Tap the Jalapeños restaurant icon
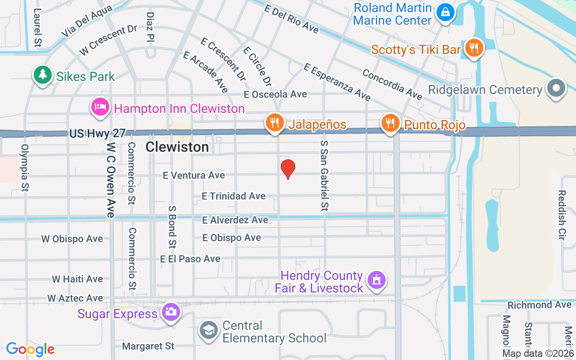tap(274, 122)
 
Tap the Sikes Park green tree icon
tap(42, 74)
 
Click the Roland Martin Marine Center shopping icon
tap(445, 12)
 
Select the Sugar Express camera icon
tap(171, 311)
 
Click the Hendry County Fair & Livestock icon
tap(377, 279)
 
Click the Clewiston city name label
tap(177, 147)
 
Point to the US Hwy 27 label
tap(97, 134)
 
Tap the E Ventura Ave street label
tap(194, 175)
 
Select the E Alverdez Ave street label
tap(235, 220)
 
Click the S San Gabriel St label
tap(324, 175)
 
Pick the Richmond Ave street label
tap(539, 305)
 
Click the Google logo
tap(30, 349)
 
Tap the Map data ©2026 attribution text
tap(537, 354)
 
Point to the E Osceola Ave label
tap(275, 94)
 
